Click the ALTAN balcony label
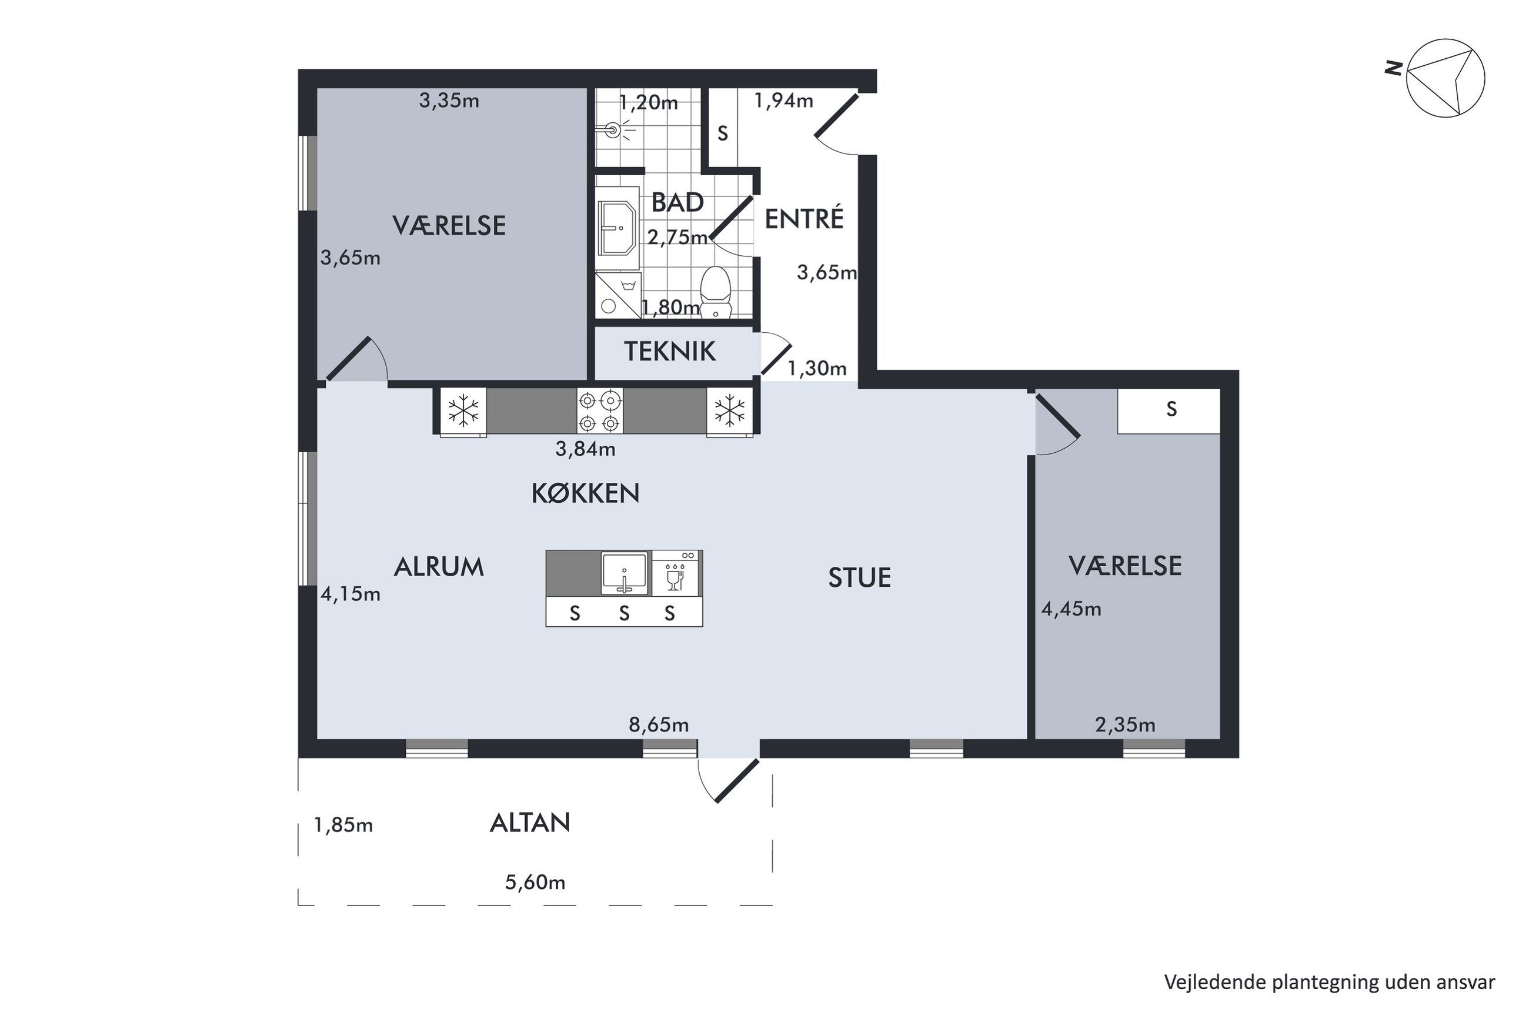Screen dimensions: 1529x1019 [530, 823]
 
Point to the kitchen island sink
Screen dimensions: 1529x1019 [624, 573]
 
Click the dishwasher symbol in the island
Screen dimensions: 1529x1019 [676, 573]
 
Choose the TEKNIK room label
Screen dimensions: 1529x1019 [669, 352]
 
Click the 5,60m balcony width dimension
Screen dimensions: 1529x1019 [535, 882]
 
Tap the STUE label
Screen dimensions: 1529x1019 [859, 577]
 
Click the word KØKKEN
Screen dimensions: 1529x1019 [585, 493]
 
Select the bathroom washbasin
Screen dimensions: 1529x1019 [617, 228]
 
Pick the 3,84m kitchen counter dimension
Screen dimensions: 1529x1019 [585, 449]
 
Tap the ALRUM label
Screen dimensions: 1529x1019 [439, 567]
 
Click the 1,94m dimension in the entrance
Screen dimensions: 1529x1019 [783, 100]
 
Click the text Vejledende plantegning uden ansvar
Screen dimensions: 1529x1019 [1330, 982]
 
